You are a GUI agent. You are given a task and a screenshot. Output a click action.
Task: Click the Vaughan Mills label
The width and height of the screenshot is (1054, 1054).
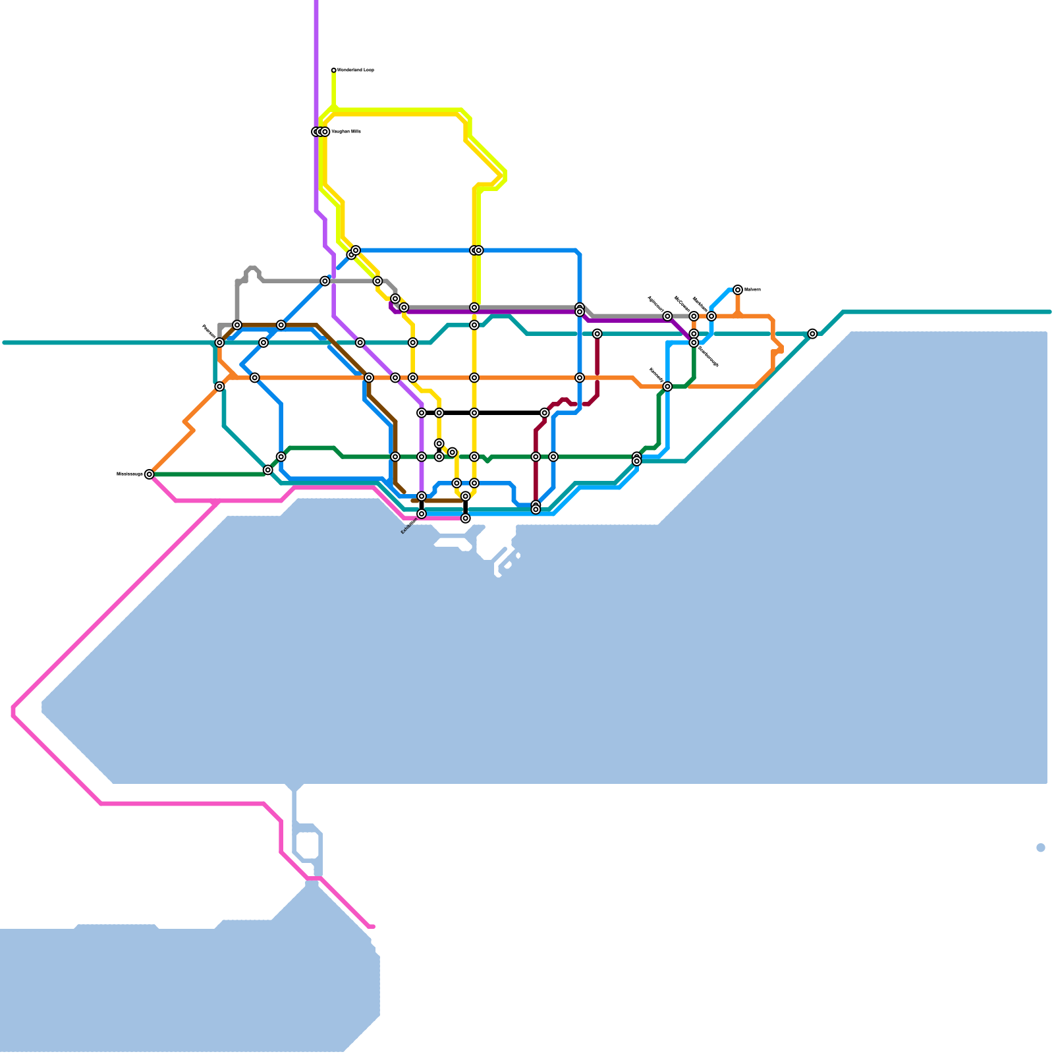click(346, 132)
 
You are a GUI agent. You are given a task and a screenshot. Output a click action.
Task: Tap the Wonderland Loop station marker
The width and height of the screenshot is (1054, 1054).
click(333, 70)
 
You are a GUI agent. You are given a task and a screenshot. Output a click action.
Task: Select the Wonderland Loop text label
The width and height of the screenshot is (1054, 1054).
click(356, 70)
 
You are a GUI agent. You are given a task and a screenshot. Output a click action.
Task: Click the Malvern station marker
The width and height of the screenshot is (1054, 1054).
click(738, 290)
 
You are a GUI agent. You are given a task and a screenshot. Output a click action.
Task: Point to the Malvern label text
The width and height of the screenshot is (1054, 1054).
click(752, 289)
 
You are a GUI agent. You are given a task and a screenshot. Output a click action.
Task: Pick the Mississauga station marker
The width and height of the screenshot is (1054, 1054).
click(150, 474)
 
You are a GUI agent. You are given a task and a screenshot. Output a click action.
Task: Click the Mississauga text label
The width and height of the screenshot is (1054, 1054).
click(130, 474)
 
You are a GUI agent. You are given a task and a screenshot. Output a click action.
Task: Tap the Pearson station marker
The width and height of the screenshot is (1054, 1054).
click(219, 343)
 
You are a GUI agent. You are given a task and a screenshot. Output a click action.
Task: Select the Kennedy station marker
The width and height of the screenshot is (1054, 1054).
click(667, 387)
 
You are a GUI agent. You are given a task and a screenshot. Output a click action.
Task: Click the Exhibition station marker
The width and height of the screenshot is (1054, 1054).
click(422, 514)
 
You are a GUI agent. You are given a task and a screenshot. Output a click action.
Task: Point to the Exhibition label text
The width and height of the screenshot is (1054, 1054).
click(409, 526)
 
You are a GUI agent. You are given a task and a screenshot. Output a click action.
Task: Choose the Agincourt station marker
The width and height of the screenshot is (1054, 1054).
click(667, 316)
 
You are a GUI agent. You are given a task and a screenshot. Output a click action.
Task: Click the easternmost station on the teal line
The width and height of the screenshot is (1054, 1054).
click(812, 334)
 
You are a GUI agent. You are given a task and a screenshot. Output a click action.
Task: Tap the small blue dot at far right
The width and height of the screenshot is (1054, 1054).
click(1041, 848)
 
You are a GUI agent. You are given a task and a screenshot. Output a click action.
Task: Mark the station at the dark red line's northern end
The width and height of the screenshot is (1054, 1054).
click(597, 334)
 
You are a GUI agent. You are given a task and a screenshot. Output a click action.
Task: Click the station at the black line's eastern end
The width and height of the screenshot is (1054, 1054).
click(545, 413)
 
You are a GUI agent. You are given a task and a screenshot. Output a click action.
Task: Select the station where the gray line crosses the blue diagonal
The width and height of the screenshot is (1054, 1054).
click(325, 281)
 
